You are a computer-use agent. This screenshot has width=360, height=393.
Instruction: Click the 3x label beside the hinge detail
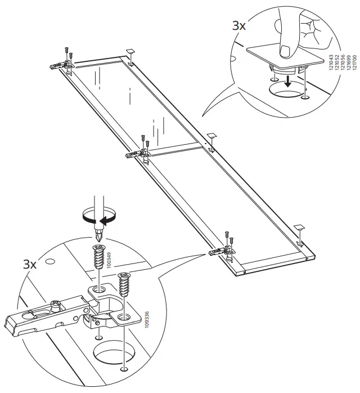pos(30,264)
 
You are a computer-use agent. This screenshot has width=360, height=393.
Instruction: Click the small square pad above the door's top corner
pos(129,51)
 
